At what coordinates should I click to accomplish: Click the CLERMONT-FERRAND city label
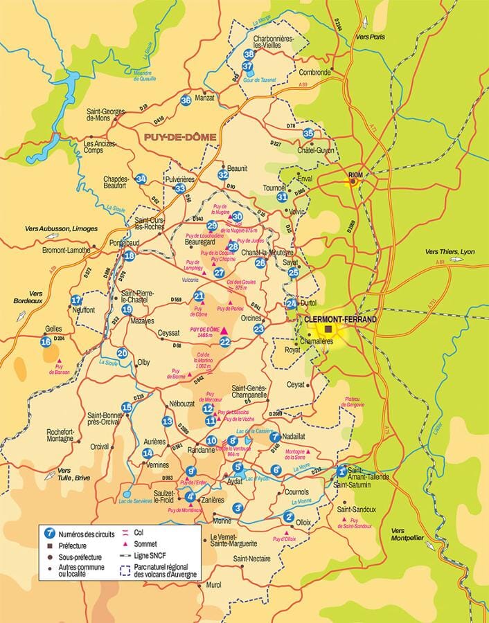click(340, 319)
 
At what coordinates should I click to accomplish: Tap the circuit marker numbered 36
click(185, 100)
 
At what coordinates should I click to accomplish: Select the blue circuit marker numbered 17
click(76, 300)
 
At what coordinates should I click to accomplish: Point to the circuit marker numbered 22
click(224, 341)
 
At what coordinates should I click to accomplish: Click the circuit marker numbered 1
click(341, 471)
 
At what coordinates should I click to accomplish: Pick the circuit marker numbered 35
click(308, 134)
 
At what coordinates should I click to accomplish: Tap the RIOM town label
click(357, 174)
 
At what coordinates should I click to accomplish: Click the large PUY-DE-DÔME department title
click(179, 137)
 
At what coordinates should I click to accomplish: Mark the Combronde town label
click(315, 72)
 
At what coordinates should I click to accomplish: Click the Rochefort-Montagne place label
click(60, 434)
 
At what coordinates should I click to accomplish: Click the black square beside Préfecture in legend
click(49, 545)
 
